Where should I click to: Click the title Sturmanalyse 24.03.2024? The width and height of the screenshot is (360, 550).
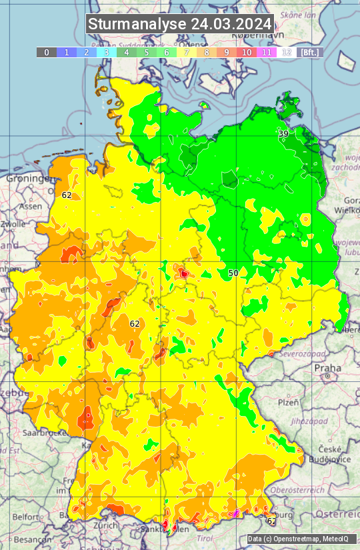point(180,24)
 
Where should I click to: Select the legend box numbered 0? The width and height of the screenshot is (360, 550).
point(47,52)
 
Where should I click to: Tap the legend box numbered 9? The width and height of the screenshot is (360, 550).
point(227,52)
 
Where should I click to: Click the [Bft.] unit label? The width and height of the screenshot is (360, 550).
point(310,52)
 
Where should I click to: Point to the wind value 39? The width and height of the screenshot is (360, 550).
point(283,134)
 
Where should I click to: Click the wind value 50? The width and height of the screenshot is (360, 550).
point(233,273)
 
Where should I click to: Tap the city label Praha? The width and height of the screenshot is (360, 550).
point(327,367)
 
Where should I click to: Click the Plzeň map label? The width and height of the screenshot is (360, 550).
point(288,403)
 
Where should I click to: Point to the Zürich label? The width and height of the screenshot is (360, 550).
point(106,525)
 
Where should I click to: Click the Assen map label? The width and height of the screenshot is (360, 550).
point(31,207)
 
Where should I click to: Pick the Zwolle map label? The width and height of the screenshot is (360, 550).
point(13,224)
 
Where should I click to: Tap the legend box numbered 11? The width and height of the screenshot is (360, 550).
point(267,52)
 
